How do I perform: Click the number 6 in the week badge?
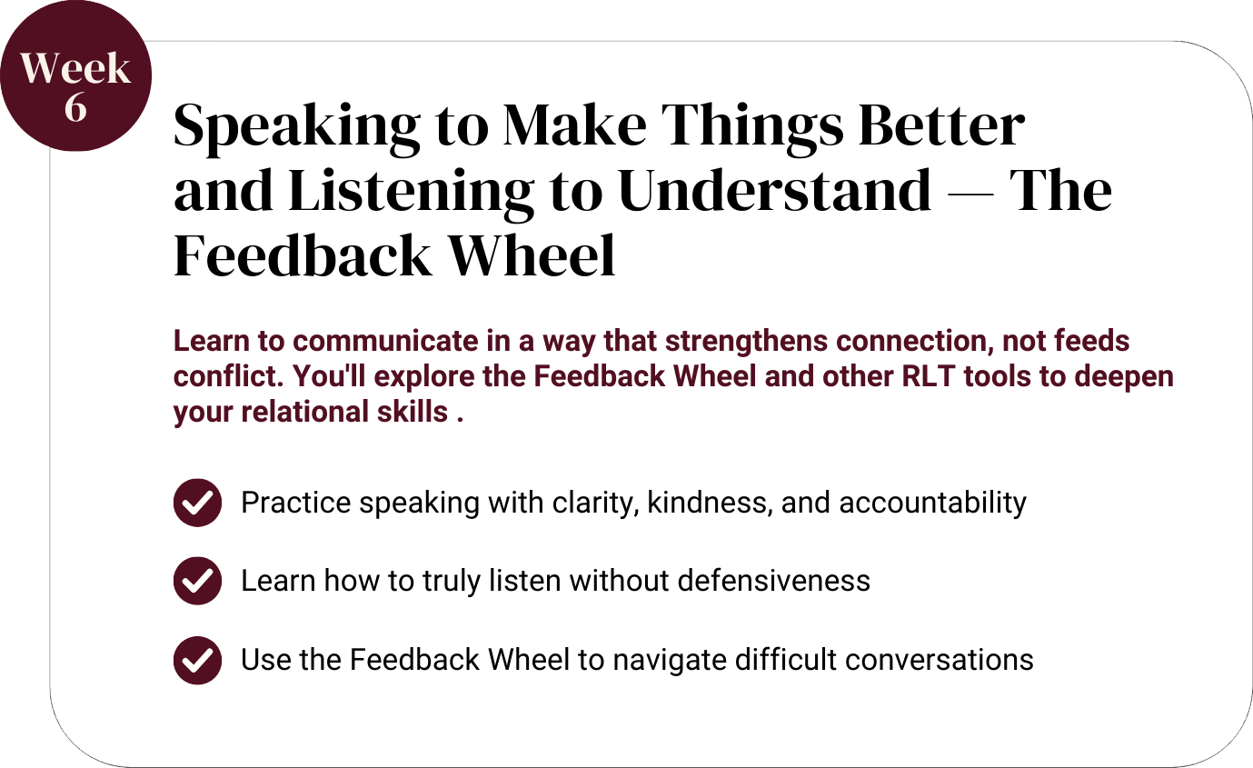point(75,107)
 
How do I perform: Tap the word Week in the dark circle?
point(75,68)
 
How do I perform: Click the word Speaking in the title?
point(297,127)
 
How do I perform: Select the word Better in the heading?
point(941,125)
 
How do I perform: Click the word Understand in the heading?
point(775,190)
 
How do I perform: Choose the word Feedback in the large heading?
point(303,255)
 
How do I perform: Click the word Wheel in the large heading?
point(532,255)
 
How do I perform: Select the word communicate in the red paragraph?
point(385,341)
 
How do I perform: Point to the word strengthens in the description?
point(746,341)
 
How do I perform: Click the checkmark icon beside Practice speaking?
point(197,503)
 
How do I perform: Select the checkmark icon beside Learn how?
point(197,581)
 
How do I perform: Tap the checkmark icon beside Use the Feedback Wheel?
point(197,660)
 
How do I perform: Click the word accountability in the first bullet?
point(932,503)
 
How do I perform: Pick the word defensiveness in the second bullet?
point(774,581)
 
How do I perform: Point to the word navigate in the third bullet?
point(670,661)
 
